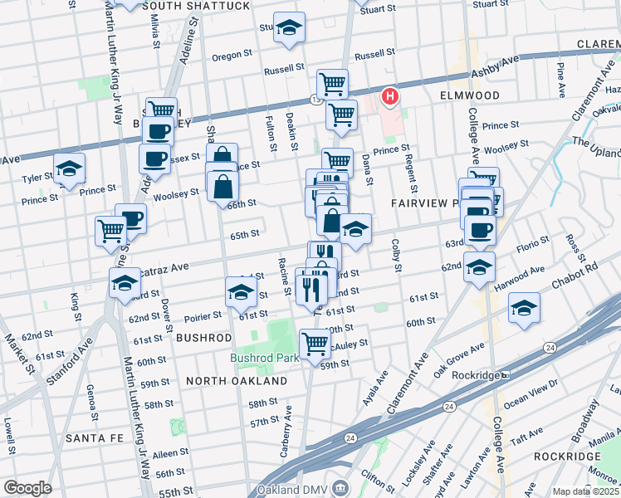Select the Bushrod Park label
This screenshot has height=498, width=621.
[x=261, y=359]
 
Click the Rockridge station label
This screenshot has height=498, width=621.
[x=477, y=375]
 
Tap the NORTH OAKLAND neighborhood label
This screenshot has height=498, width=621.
[x=237, y=381]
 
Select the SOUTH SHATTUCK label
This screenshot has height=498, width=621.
[x=196, y=6]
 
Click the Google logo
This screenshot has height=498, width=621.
[x=27, y=488]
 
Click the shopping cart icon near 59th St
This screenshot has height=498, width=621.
[x=315, y=342]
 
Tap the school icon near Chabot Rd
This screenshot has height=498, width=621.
[x=523, y=307]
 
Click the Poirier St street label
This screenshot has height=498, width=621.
[x=203, y=315]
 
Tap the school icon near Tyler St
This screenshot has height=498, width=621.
[x=70, y=168]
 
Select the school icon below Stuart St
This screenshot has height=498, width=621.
[x=288, y=27]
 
